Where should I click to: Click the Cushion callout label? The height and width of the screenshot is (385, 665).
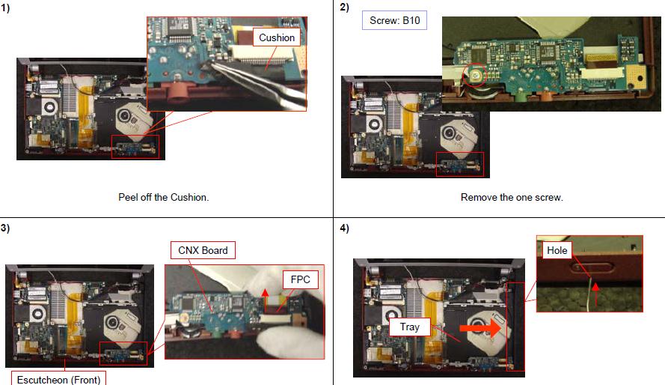tap(277, 37)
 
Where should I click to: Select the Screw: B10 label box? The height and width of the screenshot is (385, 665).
tap(394, 20)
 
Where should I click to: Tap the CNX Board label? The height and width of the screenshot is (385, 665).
tap(203, 250)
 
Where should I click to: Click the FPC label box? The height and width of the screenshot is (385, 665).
tap(300, 279)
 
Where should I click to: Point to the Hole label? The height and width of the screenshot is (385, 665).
tap(557, 250)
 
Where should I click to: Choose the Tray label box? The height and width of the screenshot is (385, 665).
tap(410, 327)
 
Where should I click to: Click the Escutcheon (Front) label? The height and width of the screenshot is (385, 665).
tap(58, 378)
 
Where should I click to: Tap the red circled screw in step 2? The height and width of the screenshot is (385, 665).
tap(476, 75)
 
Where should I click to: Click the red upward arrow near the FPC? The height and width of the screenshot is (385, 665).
tap(265, 300)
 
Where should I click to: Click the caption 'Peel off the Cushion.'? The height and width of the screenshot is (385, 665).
tap(164, 198)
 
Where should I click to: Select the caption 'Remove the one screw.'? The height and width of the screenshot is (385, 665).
tap(512, 198)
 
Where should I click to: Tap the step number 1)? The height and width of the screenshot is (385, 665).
tap(5, 8)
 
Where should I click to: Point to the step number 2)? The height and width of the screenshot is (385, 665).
tap(344, 7)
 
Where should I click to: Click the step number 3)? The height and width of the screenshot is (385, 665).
tap(5, 228)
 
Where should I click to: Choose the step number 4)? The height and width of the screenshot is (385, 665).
tap(344, 228)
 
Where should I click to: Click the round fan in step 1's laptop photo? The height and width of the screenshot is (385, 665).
tap(50, 106)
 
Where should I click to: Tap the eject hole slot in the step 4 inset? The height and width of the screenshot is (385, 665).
tap(592, 267)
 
